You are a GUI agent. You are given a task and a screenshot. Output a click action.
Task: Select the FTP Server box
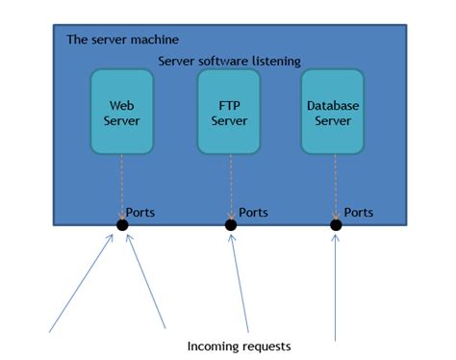tap(229, 113)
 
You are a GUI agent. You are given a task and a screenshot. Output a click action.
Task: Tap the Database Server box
tap(333, 113)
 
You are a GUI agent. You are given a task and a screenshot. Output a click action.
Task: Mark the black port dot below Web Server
tap(122, 225)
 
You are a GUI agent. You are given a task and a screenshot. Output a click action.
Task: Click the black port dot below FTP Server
tap(231, 225)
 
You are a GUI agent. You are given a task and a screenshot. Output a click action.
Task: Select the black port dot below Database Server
tap(336, 225)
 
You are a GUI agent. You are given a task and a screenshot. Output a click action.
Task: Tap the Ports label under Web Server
tap(140, 212)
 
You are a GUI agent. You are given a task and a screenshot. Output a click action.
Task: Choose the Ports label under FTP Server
tap(253, 212)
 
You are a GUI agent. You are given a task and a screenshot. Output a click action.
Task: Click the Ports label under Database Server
tap(358, 212)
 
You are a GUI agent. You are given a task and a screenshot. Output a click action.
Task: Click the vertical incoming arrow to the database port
tap(335, 289)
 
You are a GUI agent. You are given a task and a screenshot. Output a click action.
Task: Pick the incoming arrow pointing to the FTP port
tap(241, 284)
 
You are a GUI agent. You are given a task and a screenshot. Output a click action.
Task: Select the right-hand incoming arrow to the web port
tap(145, 284)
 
